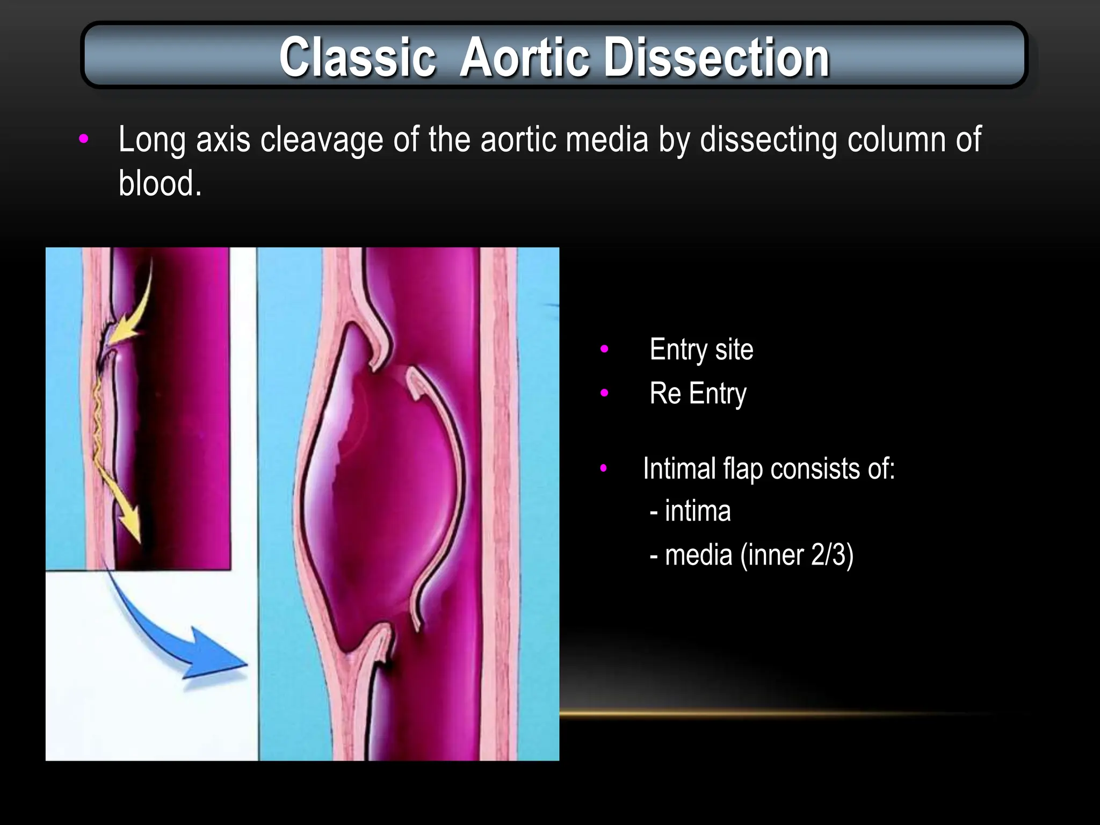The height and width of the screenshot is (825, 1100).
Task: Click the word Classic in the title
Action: (357, 57)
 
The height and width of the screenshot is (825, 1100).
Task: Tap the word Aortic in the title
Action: (524, 57)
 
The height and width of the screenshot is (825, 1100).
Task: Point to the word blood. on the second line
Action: (160, 184)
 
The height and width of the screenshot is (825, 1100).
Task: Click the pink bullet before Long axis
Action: (83, 139)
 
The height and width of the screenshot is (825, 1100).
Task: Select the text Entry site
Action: (701, 350)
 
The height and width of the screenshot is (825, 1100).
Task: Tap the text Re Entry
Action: (697, 394)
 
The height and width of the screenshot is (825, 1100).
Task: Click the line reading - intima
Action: (690, 511)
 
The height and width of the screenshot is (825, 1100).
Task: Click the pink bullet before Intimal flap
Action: (604, 468)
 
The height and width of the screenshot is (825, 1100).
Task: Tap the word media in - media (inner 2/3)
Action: (698, 555)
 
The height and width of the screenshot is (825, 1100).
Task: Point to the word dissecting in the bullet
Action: (768, 140)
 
